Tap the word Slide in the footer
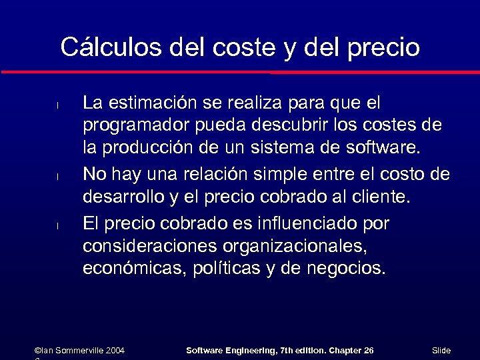(441, 350)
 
